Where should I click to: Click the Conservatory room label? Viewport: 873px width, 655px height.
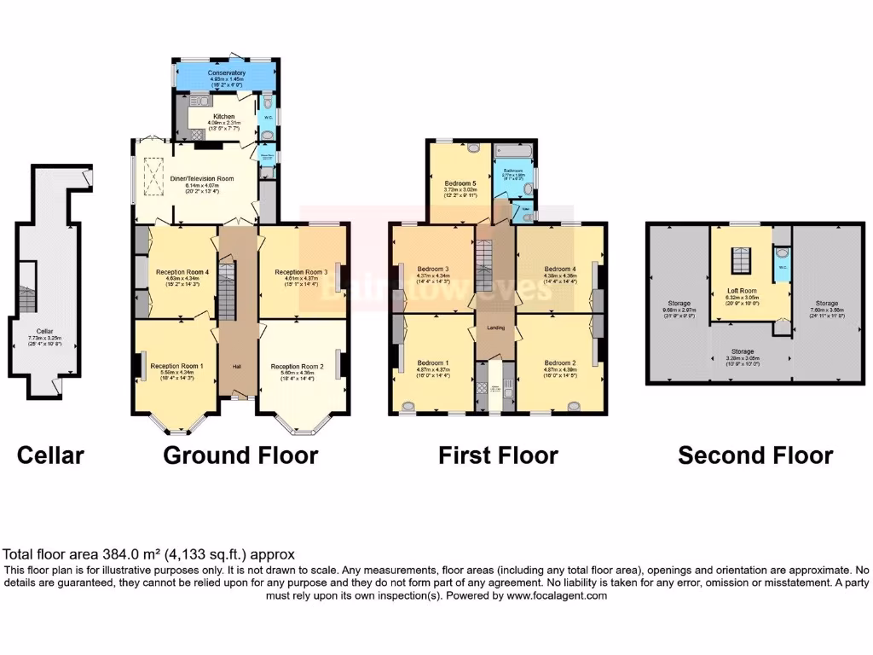coord(226,73)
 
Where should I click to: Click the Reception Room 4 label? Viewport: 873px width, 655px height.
coord(177,272)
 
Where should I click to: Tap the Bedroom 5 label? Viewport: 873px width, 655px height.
coord(460,183)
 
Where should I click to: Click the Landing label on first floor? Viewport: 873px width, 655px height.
coord(496,327)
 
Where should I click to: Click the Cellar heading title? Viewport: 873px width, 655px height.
coord(51,455)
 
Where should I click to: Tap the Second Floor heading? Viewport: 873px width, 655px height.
coord(755,455)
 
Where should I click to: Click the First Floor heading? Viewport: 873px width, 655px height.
coord(498,455)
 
